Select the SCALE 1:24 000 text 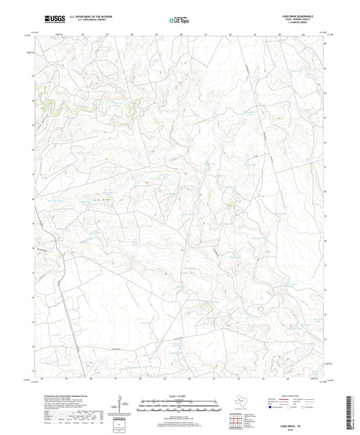pyautogui.click(x=179, y=394)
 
